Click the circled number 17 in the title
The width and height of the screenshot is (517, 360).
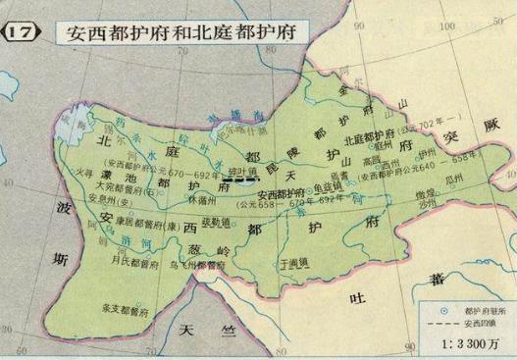coord(22,30)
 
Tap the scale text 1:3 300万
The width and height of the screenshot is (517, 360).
coord(468,344)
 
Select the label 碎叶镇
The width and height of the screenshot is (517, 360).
coord(239,173)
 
